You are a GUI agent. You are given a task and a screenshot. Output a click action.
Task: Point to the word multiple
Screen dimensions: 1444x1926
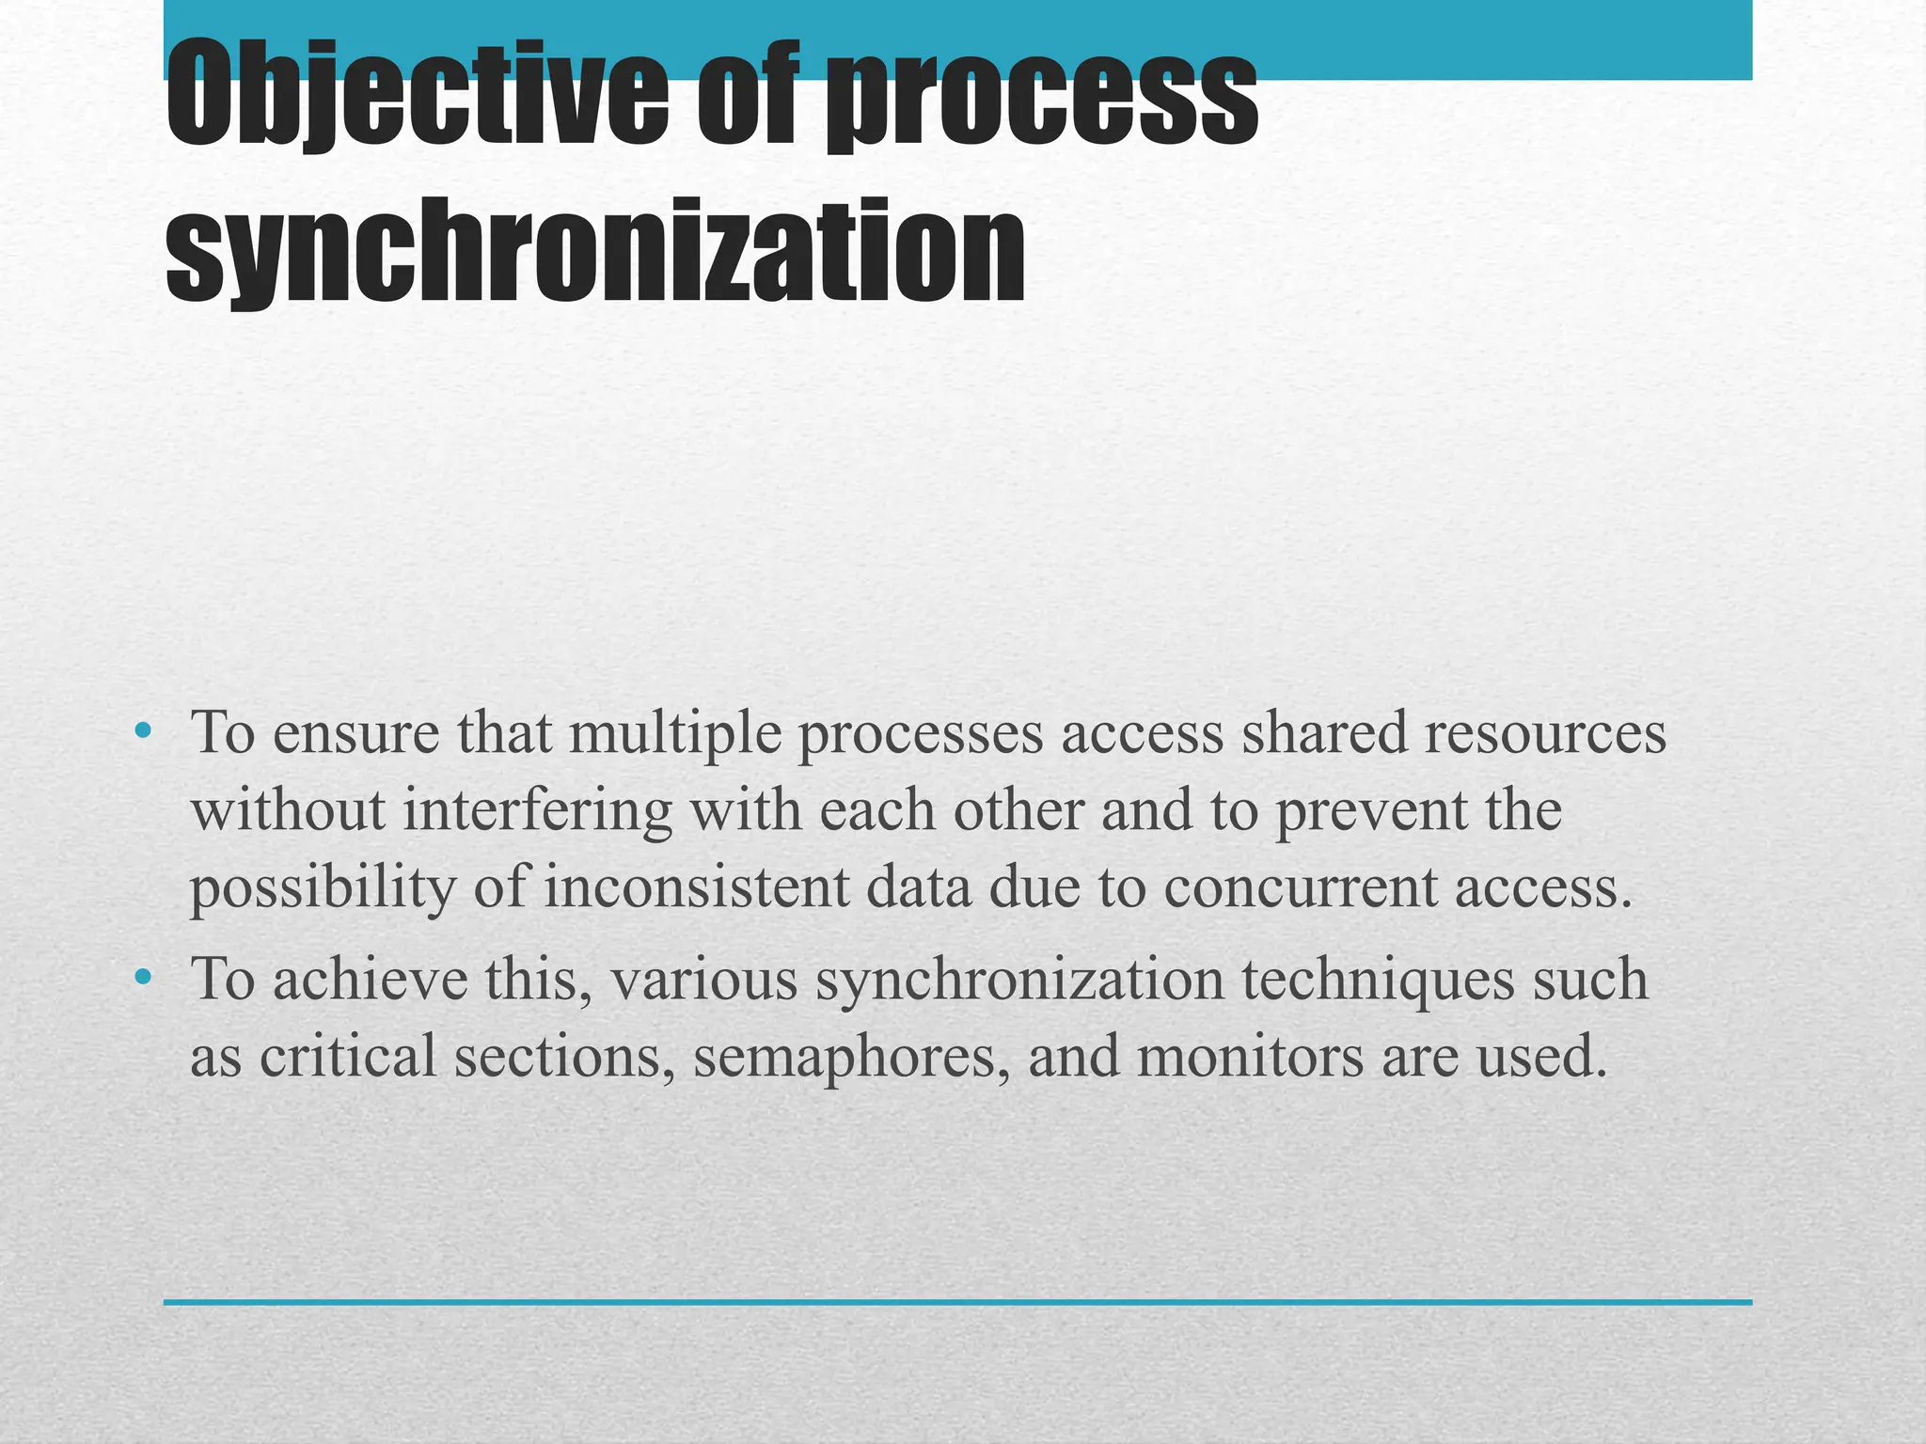click(674, 732)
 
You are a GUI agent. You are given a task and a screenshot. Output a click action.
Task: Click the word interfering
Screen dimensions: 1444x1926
click(537, 810)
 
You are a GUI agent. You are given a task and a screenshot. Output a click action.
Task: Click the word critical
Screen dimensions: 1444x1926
click(347, 1056)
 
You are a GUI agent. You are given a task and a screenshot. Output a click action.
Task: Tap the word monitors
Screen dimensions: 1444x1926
click(1250, 1056)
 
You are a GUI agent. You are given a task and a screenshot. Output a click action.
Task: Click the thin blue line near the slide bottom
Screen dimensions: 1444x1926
click(957, 1302)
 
